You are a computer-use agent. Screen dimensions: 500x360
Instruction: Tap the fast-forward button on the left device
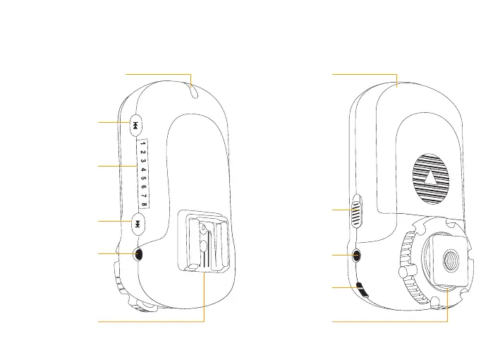(138, 224)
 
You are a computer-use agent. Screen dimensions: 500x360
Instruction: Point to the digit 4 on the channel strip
(142, 170)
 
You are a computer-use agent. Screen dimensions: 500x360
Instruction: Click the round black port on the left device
(138, 254)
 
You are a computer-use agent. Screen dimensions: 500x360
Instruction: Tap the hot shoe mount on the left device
(204, 244)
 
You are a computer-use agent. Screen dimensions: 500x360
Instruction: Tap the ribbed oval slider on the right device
(356, 210)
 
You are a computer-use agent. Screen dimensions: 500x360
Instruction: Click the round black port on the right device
(357, 255)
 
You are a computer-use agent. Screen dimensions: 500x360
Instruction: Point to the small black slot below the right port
(362, 287)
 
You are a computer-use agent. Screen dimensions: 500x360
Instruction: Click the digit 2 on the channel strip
(142, 152)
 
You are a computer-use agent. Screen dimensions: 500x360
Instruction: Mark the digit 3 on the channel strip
(142, 161)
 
